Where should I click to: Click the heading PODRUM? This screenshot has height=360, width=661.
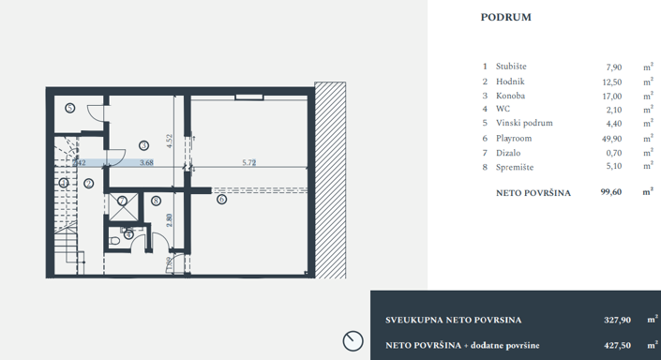coord(506,17)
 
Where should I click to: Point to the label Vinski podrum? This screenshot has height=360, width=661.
coord(524,124)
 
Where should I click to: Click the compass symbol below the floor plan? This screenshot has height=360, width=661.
coord(353,340)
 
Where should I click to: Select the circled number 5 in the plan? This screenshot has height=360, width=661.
coord(70,108)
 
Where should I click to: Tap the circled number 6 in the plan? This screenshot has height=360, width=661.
coord(221,200)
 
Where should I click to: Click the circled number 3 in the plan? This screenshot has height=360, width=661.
coord(143,144)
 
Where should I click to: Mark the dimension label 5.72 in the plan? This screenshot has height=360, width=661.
coord(249,163)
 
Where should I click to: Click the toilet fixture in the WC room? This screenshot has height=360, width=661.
coord(115,240)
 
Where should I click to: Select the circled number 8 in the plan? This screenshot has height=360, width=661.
coord(157,200)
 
